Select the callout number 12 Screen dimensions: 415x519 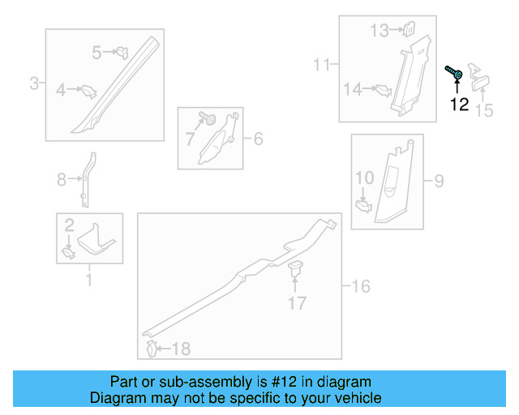click(x=460, y=105)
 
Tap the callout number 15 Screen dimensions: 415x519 click(x=483, y=110)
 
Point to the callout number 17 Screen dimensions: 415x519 click(x=298, y=303)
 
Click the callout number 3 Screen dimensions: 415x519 click(x=35, y=83)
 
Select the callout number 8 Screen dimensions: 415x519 click(x=62, y=180)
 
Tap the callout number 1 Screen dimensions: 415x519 click(x=89, y=280)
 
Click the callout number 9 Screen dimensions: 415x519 click(x=439, y=180)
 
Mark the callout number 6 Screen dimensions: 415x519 click(x=258, y=139)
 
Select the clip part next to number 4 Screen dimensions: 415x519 click(x=88, y=91)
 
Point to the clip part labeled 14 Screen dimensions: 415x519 click(x=379, y=89)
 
